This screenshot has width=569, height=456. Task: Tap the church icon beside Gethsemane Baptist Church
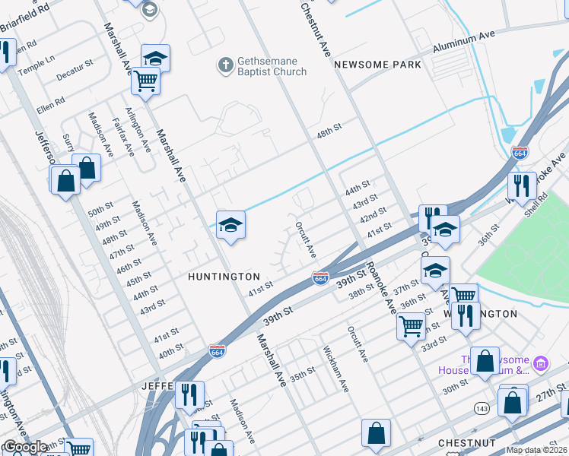225,65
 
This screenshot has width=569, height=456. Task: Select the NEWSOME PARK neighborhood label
378,65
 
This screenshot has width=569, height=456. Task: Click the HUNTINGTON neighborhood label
224,277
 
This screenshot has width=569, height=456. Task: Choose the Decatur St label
75,71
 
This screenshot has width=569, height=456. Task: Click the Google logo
25,448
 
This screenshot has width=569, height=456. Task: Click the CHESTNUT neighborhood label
466,442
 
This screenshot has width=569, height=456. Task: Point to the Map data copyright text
536,450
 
